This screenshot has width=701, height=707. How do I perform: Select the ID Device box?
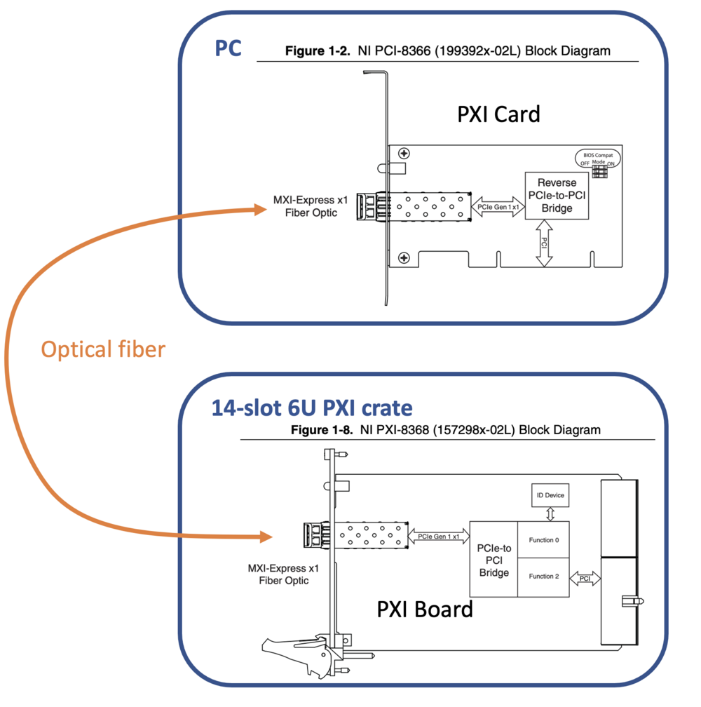coord(550,495)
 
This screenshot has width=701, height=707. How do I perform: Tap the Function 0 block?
coord(543,540)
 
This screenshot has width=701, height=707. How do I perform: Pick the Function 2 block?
coord(543,577)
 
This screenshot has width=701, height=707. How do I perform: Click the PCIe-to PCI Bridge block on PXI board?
coord(494,560)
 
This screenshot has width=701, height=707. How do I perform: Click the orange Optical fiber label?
coord(103,349)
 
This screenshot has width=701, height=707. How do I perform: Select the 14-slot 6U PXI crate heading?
coord(312,408)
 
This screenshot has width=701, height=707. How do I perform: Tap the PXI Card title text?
coord(498,114)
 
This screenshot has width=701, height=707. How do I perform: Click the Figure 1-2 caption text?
coord(447,50)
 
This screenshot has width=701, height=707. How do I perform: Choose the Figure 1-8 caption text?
coord(446,430)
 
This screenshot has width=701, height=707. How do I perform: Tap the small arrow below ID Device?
coord(550,514)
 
